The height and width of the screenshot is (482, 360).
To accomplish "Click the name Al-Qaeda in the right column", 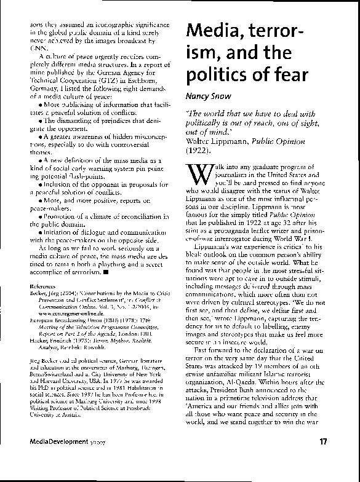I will tap(241, 397).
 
